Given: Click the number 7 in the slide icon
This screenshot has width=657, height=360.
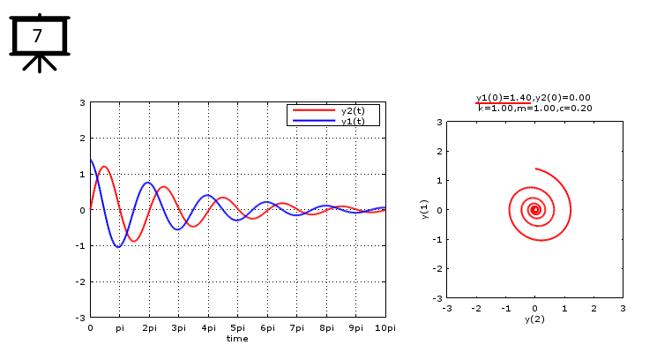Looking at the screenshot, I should (37, 36).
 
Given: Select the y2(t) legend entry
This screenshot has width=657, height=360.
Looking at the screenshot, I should (353, 110).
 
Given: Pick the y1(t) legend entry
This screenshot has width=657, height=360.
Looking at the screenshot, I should (353, 121).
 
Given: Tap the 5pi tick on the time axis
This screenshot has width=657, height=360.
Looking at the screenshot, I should (237, 327).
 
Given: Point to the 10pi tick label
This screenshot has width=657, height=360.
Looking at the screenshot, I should (384, 327).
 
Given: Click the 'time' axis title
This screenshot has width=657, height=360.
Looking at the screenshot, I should (237, 338).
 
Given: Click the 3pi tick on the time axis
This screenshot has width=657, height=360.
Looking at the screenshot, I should (178, 327).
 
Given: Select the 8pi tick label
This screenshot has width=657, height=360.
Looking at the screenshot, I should (325, 327).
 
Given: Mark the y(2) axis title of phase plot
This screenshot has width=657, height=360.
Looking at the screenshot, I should (534, 319).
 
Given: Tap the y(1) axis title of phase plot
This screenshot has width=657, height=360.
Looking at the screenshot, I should (424, 210).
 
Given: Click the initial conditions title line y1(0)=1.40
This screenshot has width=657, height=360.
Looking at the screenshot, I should (533, 97).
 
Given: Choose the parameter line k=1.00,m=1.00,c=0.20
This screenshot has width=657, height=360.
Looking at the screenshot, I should (534, 108).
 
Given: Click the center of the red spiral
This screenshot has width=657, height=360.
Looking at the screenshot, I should (534, 210).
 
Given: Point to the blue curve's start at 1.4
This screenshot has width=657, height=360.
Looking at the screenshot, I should (91, 160).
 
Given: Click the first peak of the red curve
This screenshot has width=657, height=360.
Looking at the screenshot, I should (104, 167).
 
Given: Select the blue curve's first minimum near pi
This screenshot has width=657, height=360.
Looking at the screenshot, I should (118, 247).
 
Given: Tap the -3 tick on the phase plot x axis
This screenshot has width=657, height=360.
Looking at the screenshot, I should (447, 308).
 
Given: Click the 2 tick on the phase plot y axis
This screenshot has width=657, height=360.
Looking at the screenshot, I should (438, 151).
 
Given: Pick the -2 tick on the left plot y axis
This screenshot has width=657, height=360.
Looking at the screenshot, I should (82, 281).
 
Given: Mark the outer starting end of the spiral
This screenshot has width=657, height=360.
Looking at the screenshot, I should (535, 169).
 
